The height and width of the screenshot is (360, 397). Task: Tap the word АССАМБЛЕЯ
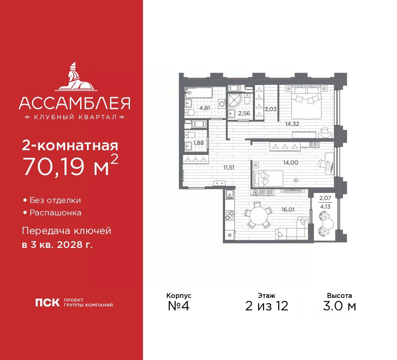point(74,103)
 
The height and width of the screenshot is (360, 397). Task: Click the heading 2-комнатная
point(70,145)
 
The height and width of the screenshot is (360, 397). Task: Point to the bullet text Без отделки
point(55,200)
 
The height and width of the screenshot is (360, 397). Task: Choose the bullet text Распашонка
point(56,213)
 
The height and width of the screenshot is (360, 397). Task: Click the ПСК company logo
point(47,303)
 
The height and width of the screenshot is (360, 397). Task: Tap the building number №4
point(178,306)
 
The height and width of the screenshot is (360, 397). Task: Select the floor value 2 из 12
point(266,306)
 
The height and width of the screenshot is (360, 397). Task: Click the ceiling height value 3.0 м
point(339,306)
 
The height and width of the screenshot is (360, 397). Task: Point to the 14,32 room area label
point(292,124)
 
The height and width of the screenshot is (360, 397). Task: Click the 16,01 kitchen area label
point(288,210)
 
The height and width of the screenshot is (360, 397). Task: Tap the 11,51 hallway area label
point(229,168)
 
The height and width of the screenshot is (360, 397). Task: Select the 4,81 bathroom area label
point(205,108)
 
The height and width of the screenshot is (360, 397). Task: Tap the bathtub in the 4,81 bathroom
point(199,92)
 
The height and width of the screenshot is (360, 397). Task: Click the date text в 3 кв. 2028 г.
point(57,245)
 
